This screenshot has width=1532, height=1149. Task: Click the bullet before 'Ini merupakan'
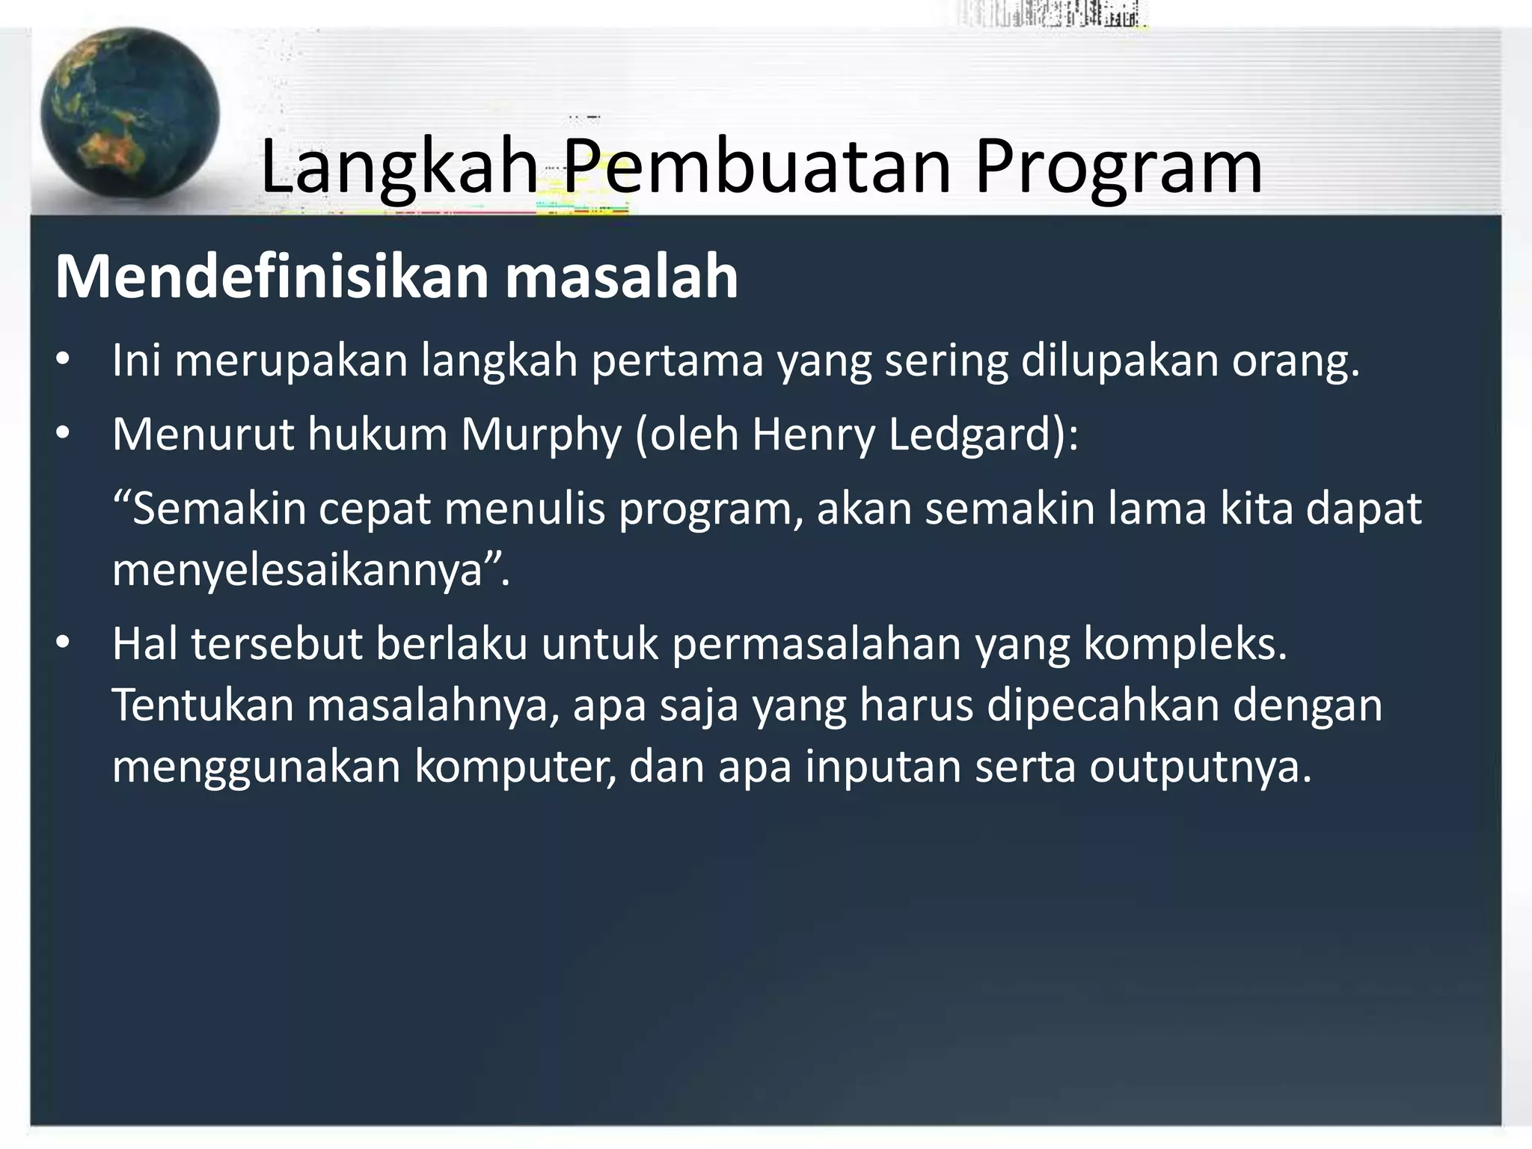63,361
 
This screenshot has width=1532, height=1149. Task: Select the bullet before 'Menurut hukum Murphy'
63,435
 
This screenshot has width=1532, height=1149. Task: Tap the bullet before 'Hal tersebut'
63,644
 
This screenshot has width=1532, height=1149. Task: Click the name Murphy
540,435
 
